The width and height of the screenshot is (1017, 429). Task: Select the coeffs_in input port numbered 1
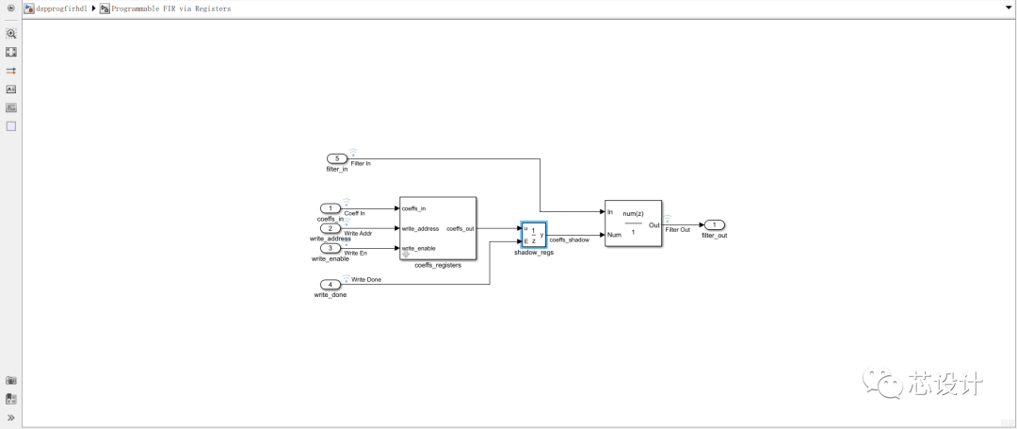331,208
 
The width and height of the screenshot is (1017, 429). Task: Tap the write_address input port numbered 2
331,228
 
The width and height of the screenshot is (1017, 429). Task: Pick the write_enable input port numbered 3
331,248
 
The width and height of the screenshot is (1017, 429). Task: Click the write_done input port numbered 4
331,284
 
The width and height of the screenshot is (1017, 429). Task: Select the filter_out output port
714,224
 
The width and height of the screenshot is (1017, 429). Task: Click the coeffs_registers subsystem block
438,228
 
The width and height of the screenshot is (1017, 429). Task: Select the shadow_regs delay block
533,235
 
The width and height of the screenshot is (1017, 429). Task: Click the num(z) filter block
633,223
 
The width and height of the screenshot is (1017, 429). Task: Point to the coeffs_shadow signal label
569,240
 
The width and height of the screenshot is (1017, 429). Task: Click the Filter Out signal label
677,230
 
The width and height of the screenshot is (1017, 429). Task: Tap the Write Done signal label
366,280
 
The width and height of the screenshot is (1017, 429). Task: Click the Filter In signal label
361,164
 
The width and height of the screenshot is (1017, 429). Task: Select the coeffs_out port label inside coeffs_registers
460,228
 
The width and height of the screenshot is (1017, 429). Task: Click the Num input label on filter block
613,235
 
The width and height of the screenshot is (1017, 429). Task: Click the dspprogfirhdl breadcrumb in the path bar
61,8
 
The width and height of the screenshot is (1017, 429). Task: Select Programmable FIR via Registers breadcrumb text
170,8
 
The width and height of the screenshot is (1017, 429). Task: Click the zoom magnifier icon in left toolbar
11,33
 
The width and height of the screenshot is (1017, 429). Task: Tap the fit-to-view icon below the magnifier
11,52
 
